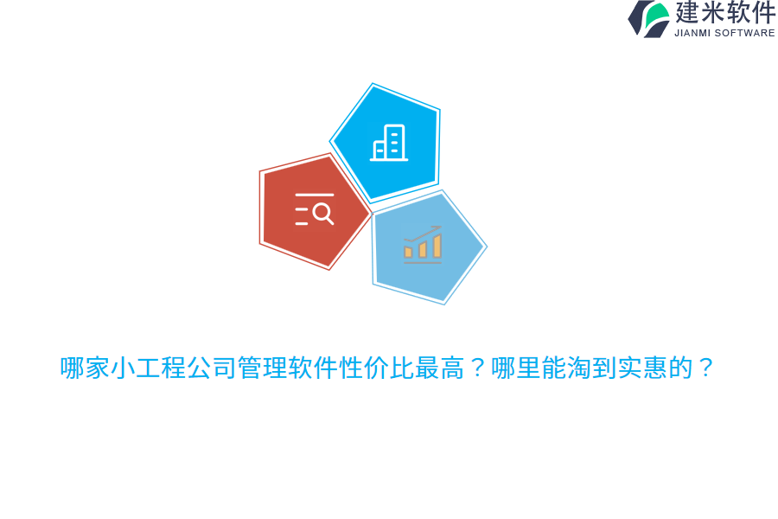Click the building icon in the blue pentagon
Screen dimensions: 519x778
click(390, 143)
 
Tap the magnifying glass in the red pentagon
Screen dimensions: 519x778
click(322, 213)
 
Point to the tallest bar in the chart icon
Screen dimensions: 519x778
click(437, 247)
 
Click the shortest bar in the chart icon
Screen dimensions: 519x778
click(408, 253)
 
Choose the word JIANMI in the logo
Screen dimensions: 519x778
click(692, 33)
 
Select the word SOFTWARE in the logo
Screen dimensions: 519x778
click(744, 33)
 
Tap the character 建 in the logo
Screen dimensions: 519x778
click(688, 13)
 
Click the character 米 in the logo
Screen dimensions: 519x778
click(713, 13)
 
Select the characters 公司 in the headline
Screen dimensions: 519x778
click(211, 368)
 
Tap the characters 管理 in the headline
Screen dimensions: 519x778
click(262, 368)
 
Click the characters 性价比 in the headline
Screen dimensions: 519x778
click(375, 368)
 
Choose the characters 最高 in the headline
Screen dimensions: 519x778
click(438, 368)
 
